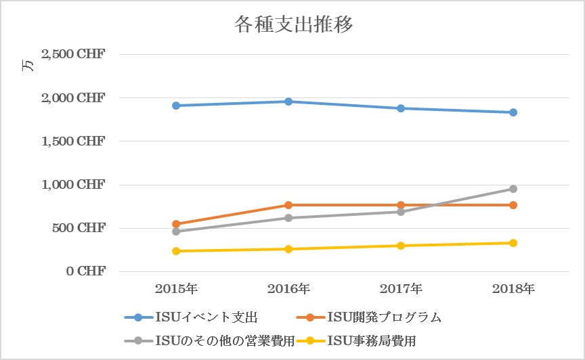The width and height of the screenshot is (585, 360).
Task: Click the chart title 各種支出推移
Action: (x=293, y=25)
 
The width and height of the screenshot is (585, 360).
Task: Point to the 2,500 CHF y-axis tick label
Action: (x=73, y=55)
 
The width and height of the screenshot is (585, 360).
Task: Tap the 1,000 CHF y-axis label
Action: (x=73, y=185)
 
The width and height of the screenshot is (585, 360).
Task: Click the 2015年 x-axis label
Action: (x=176, y=289)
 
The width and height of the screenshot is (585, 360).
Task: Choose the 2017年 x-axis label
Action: (x=401, y=289)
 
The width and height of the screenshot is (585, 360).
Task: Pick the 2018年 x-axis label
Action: (x=513, y=289)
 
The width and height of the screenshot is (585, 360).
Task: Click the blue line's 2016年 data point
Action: (x=288, y=102)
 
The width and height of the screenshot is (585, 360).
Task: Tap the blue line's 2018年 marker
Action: (x=513, y=112)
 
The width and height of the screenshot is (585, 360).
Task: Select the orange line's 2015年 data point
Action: (x=176, y=224)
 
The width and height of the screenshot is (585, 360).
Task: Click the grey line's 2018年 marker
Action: (x=513, y=189)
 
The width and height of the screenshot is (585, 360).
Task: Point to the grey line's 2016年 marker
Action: (x=288, y=218)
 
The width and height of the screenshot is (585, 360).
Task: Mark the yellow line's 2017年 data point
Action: (x=401, y=246)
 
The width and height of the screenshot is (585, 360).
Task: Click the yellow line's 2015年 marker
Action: (x=176, y=251)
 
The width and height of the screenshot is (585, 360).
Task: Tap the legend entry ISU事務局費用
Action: (x=372, y=340)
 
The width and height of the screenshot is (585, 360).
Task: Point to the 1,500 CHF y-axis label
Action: (x=73, y=141)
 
